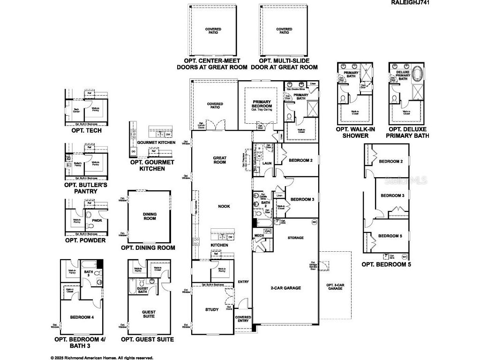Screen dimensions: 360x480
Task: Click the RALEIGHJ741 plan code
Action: coord(410,3)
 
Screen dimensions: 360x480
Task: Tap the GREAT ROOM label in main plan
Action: coord(219,160)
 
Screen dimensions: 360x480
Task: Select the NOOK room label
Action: coord(223,206)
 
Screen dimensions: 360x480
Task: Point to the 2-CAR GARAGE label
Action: coord(285,288)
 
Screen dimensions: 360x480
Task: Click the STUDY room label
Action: coord(212,309)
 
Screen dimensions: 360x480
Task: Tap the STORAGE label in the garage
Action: coord(295,238)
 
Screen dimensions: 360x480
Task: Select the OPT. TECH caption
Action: coord(83,130)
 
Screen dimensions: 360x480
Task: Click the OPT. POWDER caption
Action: coord(85,240)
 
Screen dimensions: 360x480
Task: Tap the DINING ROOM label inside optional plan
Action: coord(150,217)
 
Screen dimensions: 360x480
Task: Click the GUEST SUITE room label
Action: coord(149,315)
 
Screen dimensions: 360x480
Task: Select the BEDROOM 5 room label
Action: coord(390,236)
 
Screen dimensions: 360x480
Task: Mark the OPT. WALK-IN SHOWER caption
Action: coord(352,132)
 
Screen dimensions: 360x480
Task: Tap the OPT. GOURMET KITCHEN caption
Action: coord(152,165)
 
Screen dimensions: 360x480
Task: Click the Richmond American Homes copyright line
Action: coord(102,357)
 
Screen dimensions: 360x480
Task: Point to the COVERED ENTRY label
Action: coord(243,319)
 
